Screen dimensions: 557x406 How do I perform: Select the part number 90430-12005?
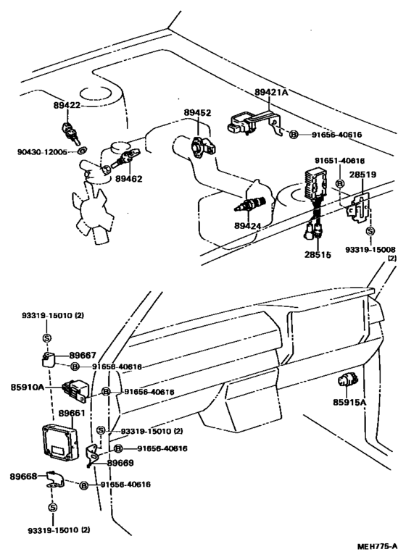click(43, 152)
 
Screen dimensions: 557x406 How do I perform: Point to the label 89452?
click(196, 113)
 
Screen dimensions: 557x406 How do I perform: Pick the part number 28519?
click(363, 175)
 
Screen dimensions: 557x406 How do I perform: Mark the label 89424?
click(249, 225)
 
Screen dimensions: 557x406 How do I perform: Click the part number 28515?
click(317, 255)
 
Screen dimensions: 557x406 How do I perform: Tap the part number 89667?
click(82, 355)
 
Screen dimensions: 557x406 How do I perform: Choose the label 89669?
click(120, 461)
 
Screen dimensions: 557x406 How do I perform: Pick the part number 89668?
click(23, 476)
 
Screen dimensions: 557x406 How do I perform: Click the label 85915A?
click(349, 402)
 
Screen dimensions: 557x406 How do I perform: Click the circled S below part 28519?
click(370, 231)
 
